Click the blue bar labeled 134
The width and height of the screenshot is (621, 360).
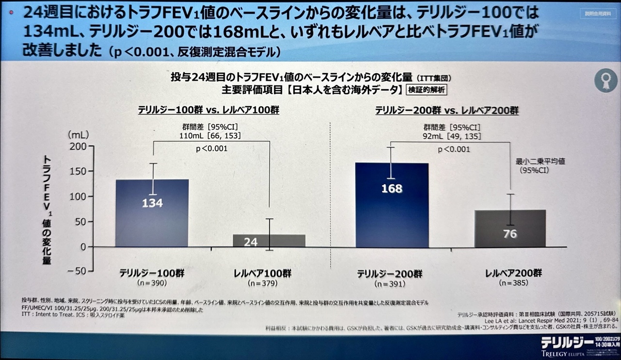tap(152, 213)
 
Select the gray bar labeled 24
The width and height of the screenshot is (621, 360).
tap(269, 241)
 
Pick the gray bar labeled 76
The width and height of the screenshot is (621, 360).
tap(509, 228)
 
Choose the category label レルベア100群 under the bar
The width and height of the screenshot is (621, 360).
tap(267, 273)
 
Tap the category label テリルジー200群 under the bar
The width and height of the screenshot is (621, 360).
tap(390, 274)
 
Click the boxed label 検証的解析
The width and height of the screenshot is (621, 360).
tap(426, 90)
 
